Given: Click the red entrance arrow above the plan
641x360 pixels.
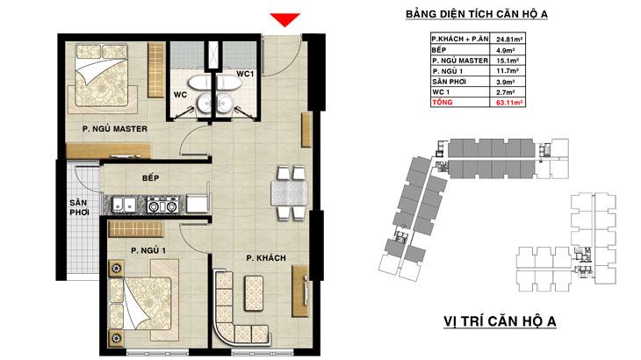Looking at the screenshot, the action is (284, 19).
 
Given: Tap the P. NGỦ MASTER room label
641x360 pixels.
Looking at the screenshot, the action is (115, 129).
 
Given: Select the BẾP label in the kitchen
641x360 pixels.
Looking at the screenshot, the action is (151, 177).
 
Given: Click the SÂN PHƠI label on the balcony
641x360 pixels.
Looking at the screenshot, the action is (78, 207).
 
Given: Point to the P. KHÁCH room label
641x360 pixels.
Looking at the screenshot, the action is (266, 258).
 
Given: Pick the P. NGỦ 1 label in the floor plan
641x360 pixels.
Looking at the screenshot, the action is (148, 250).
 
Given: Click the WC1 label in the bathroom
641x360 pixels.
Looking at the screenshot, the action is (245, 74).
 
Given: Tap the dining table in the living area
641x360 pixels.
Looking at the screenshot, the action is (289, 193).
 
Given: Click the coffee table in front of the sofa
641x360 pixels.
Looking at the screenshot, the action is (254, 293).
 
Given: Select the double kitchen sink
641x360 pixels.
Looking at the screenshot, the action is (125, 204).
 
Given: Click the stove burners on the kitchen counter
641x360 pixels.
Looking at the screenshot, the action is (162, 204).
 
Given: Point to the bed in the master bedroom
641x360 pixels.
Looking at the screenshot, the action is (102, 77).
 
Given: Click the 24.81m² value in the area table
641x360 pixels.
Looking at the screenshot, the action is (510, 40).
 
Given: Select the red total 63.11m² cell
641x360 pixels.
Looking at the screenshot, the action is (510, 103).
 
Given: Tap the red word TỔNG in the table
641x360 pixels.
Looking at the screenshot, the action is (443, 102).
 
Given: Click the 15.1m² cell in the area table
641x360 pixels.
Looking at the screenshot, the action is (508, 61).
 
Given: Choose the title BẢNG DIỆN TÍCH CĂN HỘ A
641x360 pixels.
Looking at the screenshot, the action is (477, 14).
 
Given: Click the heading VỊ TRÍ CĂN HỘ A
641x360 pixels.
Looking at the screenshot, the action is (500, 321).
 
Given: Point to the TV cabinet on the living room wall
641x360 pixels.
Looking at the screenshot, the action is (299, 292).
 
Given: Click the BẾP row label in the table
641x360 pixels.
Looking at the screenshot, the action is (439, 50).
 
